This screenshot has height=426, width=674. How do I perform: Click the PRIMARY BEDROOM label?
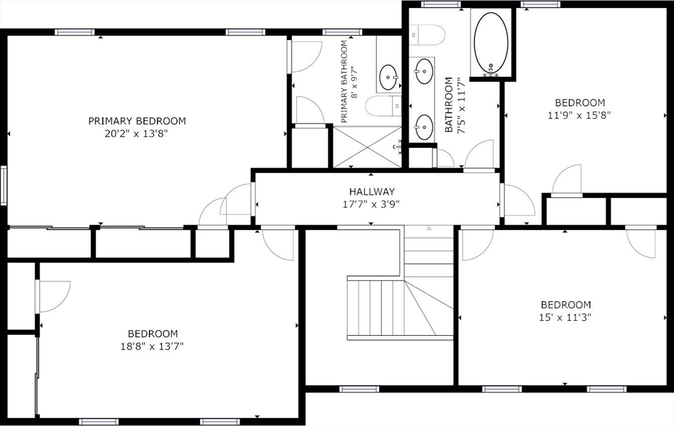[x=137, y=121]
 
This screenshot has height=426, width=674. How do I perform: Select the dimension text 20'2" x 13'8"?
[x=137, y=133]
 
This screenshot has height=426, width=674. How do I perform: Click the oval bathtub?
[x=491, y=42]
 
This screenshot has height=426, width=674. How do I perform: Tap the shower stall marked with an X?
[x=367, y=147]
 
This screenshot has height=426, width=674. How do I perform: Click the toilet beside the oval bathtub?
[x=421, y=32]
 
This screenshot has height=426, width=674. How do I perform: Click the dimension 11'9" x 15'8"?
[x=580, y=114]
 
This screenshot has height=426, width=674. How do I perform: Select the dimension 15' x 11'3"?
[x=565, y=317]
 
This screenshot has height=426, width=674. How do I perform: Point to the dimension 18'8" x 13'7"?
[x=153, y=346]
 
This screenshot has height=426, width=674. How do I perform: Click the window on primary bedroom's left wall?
[x=3, y=185]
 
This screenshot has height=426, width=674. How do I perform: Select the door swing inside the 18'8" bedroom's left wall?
[x=53, y=296]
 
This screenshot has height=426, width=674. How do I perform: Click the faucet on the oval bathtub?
[x=490, y=70]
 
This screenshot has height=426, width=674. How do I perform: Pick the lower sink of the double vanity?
[x=424, y=124]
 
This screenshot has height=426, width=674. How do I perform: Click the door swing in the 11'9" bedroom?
[x=568, y=181]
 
